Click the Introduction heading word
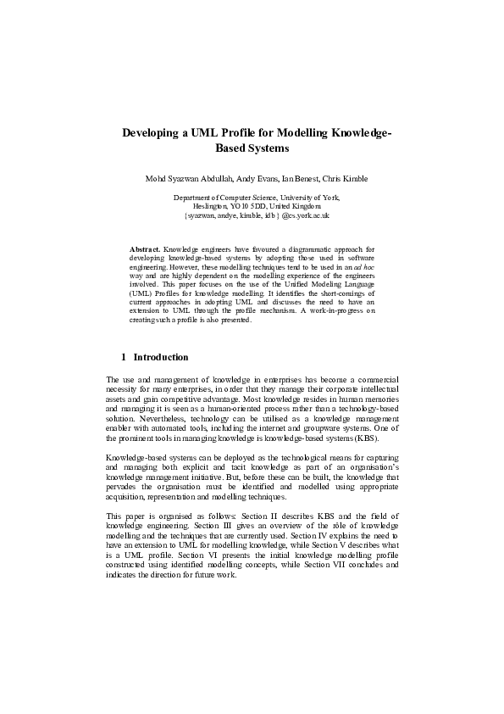point(161,357)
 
